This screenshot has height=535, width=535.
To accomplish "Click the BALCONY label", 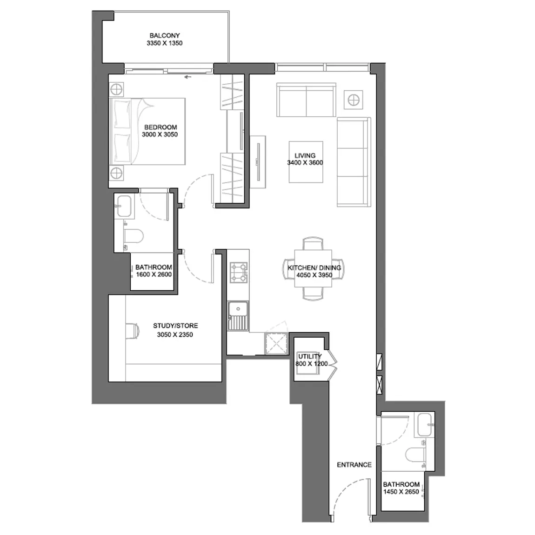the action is click(165, 35).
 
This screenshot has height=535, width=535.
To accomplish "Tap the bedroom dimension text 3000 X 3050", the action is click(160, 134).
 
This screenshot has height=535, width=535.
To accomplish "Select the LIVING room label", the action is click(305, 155).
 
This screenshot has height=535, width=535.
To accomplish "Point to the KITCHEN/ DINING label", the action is click(314, 268).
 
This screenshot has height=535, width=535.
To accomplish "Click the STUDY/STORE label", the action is click(175, 326).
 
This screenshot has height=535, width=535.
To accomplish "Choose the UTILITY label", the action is click(310, 356).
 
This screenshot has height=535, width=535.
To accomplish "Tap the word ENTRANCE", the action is click(354, 465).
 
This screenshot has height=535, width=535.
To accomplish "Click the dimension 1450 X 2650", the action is click(401, 492).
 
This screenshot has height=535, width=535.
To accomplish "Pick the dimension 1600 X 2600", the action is click(154, 274).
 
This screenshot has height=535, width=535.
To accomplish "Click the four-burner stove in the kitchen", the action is click(239, 272).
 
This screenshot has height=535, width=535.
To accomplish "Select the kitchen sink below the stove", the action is click(238, 315).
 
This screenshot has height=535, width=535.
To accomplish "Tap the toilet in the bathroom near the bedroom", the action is click(133, 236).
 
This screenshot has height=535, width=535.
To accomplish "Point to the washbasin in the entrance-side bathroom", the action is click(425, 425).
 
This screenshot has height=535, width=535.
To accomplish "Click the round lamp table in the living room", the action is click(353, 100).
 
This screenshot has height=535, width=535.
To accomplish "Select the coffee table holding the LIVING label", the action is click(306, 162).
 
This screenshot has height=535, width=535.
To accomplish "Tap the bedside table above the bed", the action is click(117, 89).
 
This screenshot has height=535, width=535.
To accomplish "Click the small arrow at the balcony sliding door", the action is click(187, 77).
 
